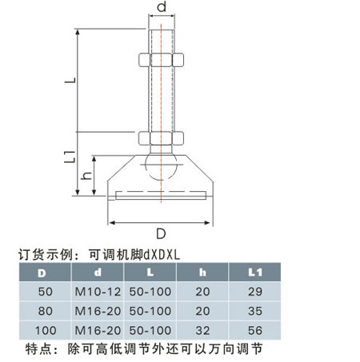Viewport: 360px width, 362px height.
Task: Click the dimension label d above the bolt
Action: point(162,6)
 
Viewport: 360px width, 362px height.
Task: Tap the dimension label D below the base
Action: point(161,233)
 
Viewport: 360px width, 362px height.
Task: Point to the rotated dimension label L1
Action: point(70,157)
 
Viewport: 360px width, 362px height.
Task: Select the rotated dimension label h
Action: point(87,176)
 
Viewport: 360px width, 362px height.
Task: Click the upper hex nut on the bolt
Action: point(161,60)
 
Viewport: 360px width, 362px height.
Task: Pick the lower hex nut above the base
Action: point(161,138)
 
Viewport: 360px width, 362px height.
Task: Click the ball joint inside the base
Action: point(161,167)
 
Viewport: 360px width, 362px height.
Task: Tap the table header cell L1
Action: point(255,272)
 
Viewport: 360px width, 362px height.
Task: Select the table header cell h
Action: point(202,272)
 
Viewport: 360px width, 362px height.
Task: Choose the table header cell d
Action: point(98,272)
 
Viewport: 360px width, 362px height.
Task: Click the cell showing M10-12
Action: point(98,292)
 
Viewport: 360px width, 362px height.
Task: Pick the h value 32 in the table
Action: point(202,331)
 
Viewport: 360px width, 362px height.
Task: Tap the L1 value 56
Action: point(255,331)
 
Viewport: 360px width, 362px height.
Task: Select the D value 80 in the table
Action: point(46,311)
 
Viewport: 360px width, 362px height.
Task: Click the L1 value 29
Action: point(255,292)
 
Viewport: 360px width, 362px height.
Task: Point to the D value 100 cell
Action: point(46,331)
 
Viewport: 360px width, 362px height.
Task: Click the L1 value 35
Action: point(255,311)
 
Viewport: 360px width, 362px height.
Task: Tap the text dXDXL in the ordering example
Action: point(162,255)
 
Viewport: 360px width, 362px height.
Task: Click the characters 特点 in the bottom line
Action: point(38,349)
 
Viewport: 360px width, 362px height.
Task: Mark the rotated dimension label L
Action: point(70,80)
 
